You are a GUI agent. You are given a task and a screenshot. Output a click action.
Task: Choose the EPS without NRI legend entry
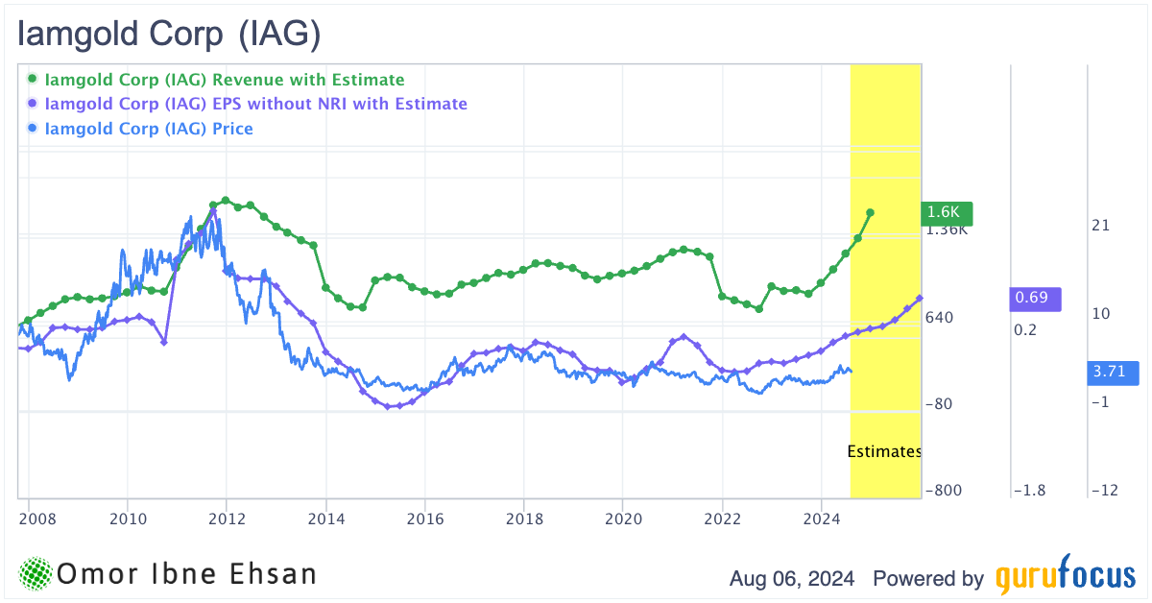(x=255, y=104)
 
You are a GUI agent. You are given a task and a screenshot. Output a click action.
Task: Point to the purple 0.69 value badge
(x=1037, y=299)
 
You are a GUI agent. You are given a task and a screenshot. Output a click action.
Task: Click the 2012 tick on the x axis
(x=227, y=519)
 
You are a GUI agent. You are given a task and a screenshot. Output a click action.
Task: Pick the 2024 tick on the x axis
(x=821, y=519)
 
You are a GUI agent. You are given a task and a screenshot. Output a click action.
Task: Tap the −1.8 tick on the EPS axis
(x=1029, y=491)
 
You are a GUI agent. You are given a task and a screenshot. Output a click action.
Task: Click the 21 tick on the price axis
(x=1100, y=226)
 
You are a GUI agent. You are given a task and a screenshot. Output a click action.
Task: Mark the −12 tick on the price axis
(x=1104, y=491)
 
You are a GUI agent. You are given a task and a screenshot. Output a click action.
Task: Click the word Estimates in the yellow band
(x=884, y=451)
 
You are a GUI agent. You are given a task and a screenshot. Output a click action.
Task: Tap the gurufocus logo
(x=1064, y=577)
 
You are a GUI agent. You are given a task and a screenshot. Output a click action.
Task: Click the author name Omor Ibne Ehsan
(x=186, y=575)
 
